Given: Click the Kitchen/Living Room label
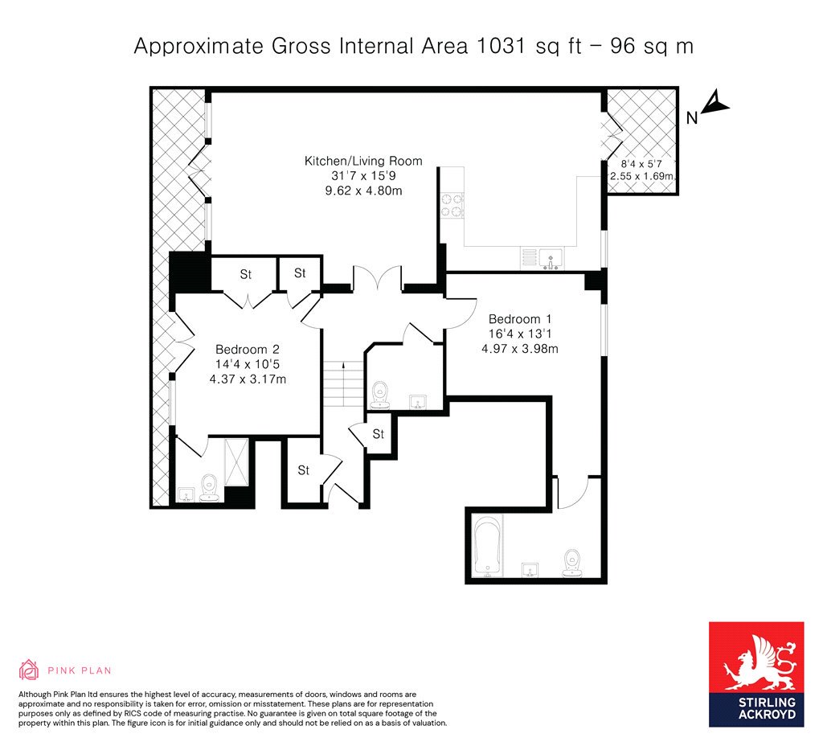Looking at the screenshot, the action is pos(363,161).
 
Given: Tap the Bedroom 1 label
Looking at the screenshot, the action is pos(520,318).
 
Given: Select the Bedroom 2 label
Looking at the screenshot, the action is pos(248,349).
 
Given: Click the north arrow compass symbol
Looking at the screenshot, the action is pos(714,102).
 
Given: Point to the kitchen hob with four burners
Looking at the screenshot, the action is pos(452,205).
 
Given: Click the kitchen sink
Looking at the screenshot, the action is pos(550,258).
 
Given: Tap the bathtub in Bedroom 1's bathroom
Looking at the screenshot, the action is pos(488,546).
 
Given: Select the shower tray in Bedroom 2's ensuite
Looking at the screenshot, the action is pos(236,462).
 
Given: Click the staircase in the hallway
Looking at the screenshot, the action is pos(343,383).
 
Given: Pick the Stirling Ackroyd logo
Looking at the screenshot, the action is pos(755,674).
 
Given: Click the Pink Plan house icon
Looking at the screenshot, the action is pos(28,670).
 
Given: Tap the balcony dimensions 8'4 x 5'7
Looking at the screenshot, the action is pos(641,164).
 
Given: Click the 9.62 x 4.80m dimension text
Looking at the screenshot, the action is pos(363,190).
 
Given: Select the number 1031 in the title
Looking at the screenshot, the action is pos(501,46).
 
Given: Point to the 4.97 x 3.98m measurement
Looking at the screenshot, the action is pos(520,348).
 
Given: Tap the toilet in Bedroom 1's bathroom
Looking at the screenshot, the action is pos(571,562).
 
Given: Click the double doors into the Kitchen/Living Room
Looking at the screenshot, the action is pos(378,277).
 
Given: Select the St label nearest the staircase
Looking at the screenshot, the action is pos(379,433).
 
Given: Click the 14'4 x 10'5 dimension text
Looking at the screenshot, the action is pos(248,364).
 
